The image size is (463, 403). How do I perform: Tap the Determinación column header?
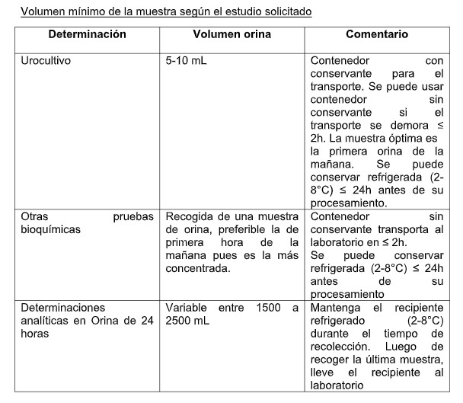coord(88,35)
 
